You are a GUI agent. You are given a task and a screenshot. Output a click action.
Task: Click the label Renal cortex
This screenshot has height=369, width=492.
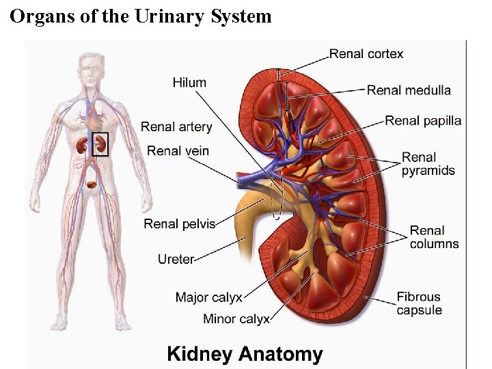[x=366, y=54]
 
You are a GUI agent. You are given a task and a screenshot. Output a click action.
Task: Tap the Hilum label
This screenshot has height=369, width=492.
[x=189, y=83]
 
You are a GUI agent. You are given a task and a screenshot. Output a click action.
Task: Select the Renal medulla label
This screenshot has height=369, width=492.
[x=409, y=90]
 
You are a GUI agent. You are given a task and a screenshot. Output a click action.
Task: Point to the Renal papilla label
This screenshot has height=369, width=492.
[x=423, y=121]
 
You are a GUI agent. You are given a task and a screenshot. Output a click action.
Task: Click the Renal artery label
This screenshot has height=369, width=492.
[x=176, y=126]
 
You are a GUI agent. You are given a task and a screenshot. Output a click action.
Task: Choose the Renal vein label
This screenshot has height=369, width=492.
[x=178, y=150]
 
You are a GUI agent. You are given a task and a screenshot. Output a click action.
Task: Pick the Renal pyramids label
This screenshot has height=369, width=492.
[x=428, y=164]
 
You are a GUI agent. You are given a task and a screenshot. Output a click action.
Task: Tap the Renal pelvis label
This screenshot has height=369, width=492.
[x=179, y=223]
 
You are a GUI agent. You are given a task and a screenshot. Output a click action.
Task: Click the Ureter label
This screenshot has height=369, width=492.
[x=176, y=259]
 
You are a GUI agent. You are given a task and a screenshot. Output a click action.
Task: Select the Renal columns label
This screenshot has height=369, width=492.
[x=434, y=237]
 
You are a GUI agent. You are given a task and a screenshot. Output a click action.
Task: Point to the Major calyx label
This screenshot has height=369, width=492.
[x=208, y=297]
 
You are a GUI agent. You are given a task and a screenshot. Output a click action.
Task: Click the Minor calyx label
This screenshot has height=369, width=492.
[x=236, y=318]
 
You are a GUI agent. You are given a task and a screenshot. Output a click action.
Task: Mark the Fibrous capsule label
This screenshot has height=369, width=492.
[x=419, y=303]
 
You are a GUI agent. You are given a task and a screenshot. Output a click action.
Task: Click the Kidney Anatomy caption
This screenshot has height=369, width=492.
[x=245, y=355]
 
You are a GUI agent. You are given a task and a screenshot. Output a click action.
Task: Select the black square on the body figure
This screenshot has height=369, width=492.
[x=100, y=143]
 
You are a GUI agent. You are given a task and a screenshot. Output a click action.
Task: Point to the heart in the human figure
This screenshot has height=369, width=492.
[x=94, y=120]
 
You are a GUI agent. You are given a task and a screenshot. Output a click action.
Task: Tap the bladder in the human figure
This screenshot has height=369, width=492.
[x=90, y=183]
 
